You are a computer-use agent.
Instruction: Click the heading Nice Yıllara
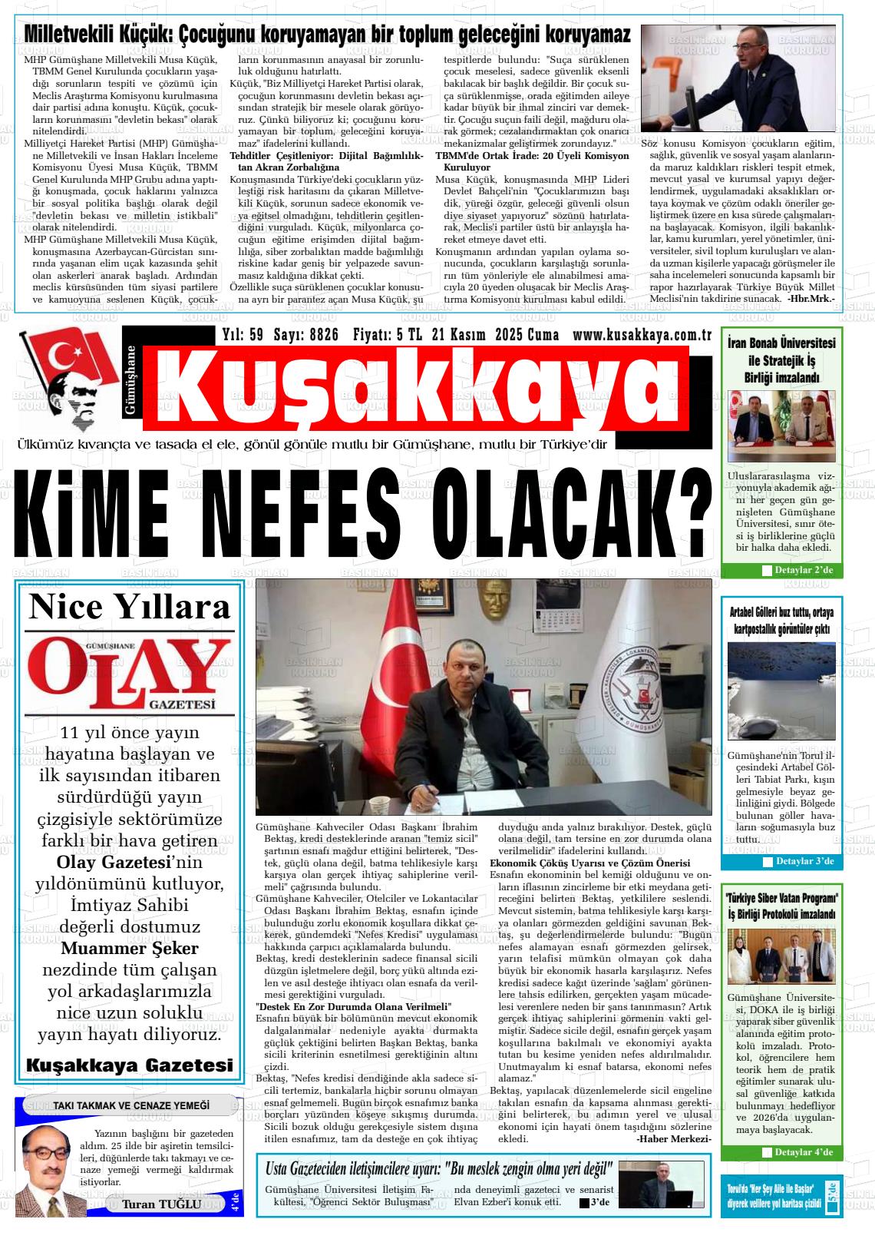click(129, 607)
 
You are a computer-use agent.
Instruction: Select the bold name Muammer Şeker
click(129, 948)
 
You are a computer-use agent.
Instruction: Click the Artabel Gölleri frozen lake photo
click(781, 691)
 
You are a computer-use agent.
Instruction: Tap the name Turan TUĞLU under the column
click(161, 1204)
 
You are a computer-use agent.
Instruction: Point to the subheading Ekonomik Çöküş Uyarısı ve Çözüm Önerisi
click(589, 863)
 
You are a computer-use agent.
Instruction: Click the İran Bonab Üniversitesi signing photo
click(781, 426)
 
